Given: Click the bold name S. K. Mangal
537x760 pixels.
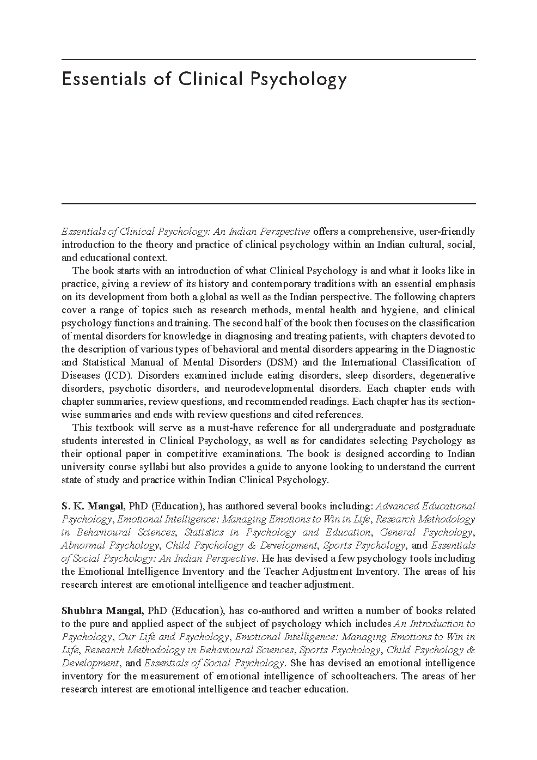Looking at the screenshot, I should click(x=93, y=506).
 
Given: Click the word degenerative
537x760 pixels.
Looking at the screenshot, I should click(x=446, y=375).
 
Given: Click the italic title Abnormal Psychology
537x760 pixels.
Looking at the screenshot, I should click(x=110, y=545).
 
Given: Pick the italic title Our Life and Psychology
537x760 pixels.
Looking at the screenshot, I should click(x=173, y=637).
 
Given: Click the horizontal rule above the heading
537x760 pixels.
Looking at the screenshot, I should click(x=268, y=59).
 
